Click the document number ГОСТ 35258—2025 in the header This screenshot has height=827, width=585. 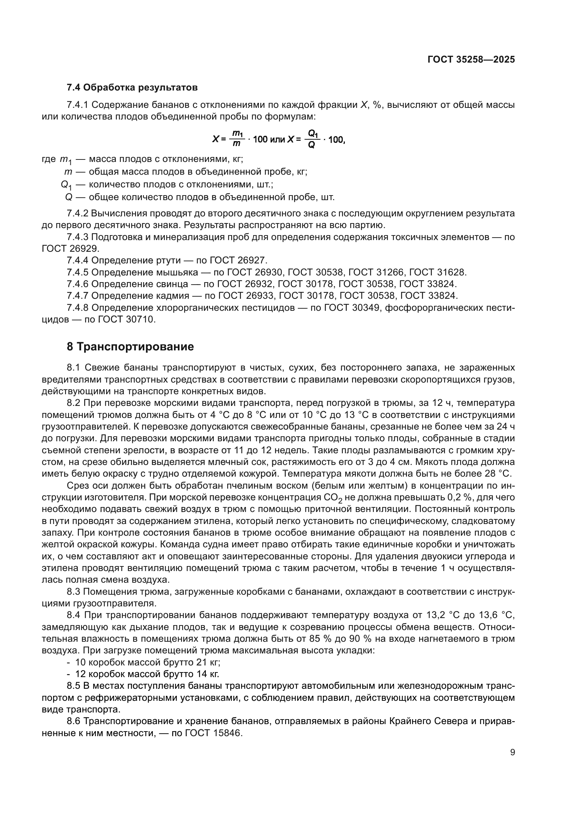point(471,60)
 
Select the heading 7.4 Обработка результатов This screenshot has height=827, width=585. point(132,88)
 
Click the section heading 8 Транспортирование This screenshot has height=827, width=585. point(131,347)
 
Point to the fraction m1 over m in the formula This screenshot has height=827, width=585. point(237,139)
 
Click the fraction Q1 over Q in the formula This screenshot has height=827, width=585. point(312,139)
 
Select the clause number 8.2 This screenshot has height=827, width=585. point(74,403)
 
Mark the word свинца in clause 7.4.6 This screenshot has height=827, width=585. point(172,284)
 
